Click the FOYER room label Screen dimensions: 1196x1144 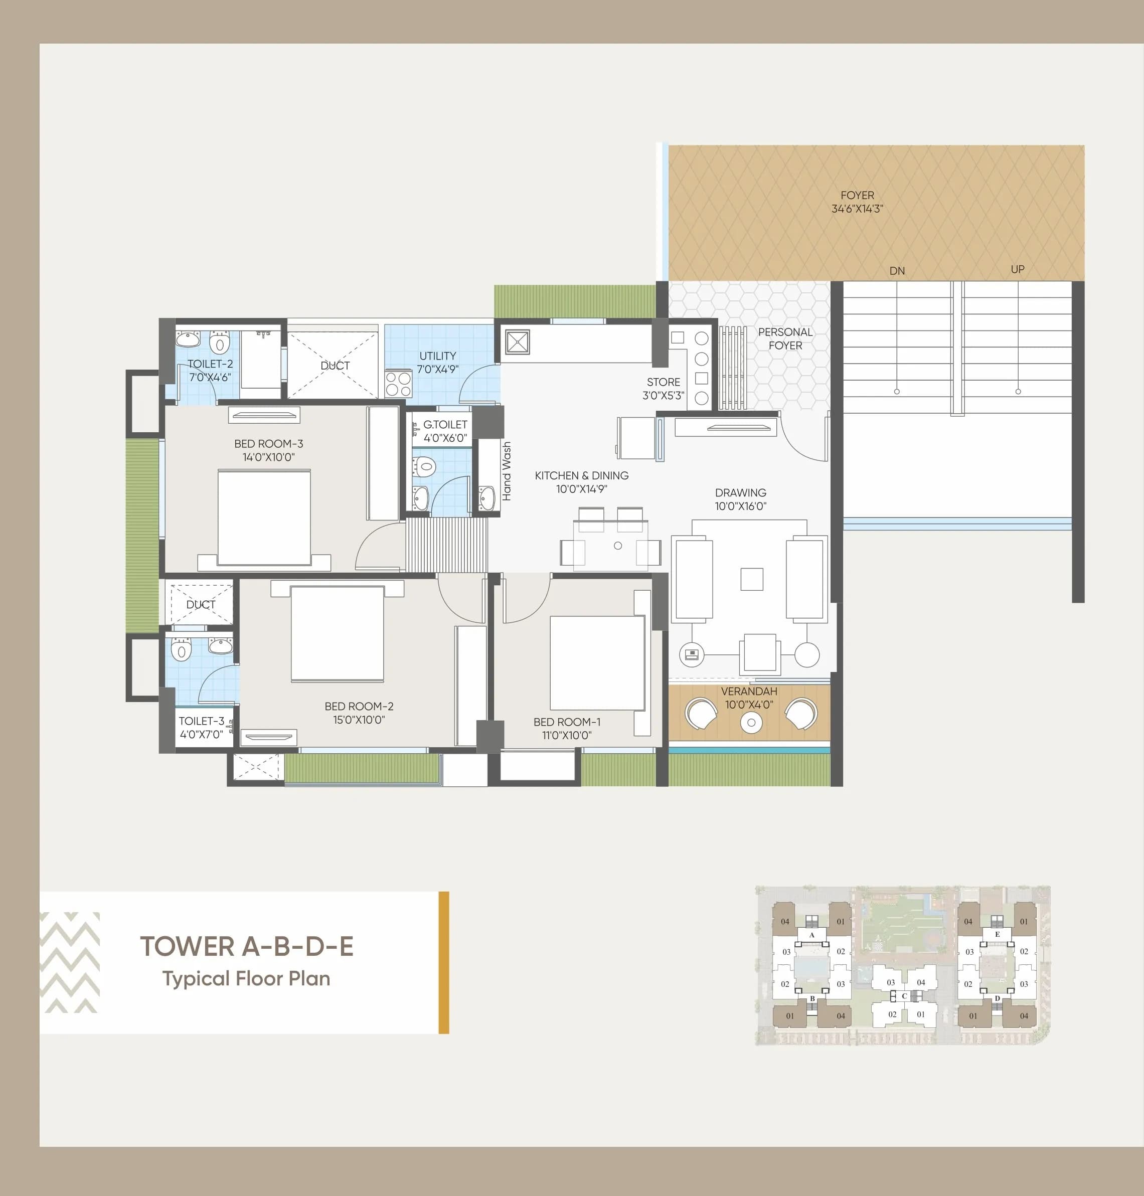pyautogui.click(x=857, y=202)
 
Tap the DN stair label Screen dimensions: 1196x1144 pyautogui.click(x=896, y=271)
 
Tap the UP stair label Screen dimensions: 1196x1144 pyautogui.click(x=1017, y=269)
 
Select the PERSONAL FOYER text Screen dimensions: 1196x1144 pyautogui.click(x=785, y=338)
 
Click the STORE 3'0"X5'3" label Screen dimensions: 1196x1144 pyautogui.click(x=663, y=388)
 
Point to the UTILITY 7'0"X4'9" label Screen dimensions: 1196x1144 pyautogui.click(x=437, y=362)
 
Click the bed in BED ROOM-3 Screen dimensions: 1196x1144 pyautogui.click(x=264, y=517)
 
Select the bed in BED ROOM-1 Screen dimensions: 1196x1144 pyautogui.click(x=597, y=662)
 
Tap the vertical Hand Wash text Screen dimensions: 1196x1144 pyautogui.click(x=506, y=471)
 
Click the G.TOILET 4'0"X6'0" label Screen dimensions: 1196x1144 pyautogui.click(x=444, y=430)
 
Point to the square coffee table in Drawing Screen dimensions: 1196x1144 pyautogui.click(x=751, y=579)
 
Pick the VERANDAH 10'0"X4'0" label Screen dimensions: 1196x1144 pyautogui.click(x=749, y=698)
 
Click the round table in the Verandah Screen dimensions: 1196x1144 pyautogui.click(x=751, y=722)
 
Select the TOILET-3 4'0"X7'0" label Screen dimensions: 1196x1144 pyautogui.click(x=201, y=727)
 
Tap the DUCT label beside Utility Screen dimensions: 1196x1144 pyautogui.click(x=335, y=365)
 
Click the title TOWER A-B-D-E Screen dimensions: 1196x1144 pyautogui.click(x=246, y=946)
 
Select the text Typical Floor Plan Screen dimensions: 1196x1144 pyautogui.click(x=246, y=978)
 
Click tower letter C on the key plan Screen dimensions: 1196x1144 pyautogui.click(x=904, y=995)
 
